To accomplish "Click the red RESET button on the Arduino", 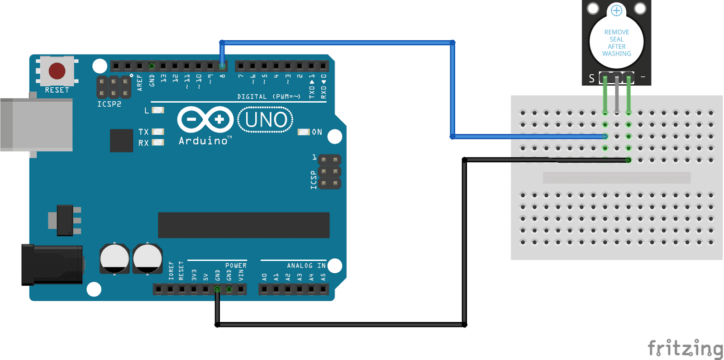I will click(x=57, y=71).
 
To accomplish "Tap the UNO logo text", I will click(x=266, y=120).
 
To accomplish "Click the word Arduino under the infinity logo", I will click(x=203, y=141).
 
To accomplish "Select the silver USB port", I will click(x=36, y=124).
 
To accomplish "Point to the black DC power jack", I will click(x=52, y=265).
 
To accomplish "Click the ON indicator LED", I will click(x=303, y=132).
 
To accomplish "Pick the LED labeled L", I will click(x=158, y=110).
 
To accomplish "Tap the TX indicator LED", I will click(x=158, y=132).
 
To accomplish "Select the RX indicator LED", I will click(x=158, y=142).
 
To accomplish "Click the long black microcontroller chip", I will click(x=243, y=225).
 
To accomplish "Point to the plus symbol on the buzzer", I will click(x=616, y=10).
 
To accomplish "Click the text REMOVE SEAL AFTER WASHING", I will click(x=616, y=43).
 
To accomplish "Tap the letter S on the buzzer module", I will click(x=591, y=79).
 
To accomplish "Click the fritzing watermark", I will click(x=685, y=348).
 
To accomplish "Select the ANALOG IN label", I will click(x=306, y=265).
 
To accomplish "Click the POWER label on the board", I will click(x=236, y=265).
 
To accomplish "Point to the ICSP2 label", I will click(x=109, y=104).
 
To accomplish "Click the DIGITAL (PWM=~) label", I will click(x=269, y=96).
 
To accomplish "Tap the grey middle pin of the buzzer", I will click(x=617, y=95).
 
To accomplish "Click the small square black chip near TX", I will click(x=121, y=141).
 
